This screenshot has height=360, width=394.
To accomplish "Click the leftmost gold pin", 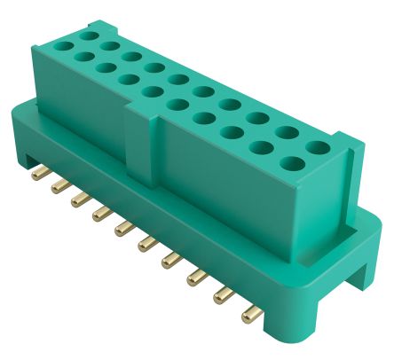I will (x=36, y=172).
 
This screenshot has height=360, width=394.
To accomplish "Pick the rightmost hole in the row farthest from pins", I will (x=317, y=146).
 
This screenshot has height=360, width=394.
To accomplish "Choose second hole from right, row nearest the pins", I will (x=263, y=147).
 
